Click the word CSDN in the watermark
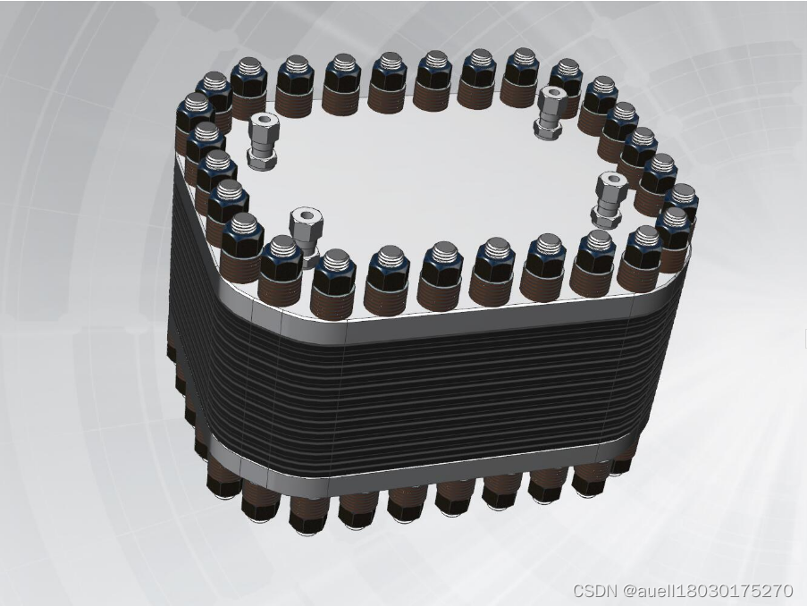coord(594,590)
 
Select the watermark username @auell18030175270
coord(707,590)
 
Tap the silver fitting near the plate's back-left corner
coord(262,141)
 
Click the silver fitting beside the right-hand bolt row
coord(609,200)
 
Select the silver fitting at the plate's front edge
coord(306,236)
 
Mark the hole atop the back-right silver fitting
coord(553,93)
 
